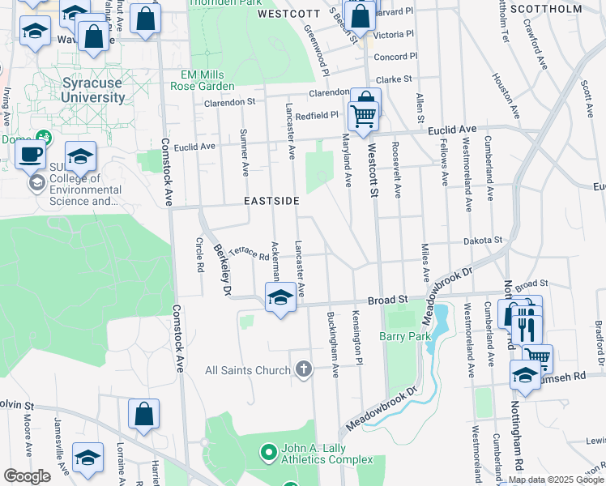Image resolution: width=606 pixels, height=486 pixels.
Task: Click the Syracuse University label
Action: [x=94, y=90]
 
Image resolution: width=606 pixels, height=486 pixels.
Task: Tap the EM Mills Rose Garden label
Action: [x=207, y=80]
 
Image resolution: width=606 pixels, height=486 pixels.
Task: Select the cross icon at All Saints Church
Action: [x=304, y=370]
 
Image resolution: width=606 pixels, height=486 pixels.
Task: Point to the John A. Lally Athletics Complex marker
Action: [x=268, y=450]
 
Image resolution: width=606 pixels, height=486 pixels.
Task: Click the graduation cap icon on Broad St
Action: [x=280, y=297]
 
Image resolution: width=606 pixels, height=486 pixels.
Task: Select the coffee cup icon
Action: [x=31, y=153]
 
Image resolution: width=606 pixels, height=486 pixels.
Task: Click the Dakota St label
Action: [x=483, y=241]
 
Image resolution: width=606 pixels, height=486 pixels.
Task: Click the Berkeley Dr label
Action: [x=221, y=270]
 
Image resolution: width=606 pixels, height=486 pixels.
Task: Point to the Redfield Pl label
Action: [x=316, y=116]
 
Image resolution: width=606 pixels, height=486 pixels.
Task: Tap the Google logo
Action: [x=27, y=475]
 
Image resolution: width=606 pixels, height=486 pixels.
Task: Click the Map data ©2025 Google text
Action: [x=555, y=480]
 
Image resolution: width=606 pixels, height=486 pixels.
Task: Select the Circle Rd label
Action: [x=198, y=254]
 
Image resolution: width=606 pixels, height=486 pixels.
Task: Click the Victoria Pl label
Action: [x=394, y=35]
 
